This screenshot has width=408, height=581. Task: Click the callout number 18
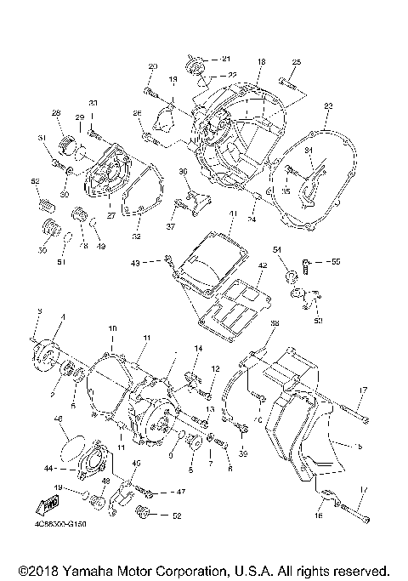(261, 62)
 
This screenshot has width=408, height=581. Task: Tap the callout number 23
(327, 105)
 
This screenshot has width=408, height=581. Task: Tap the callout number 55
(335, 262)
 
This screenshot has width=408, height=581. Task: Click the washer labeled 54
(286, 275)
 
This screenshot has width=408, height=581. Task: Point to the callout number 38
(274, 323)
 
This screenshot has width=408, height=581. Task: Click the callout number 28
(56, 113)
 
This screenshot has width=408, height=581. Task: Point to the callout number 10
(111, 328)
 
